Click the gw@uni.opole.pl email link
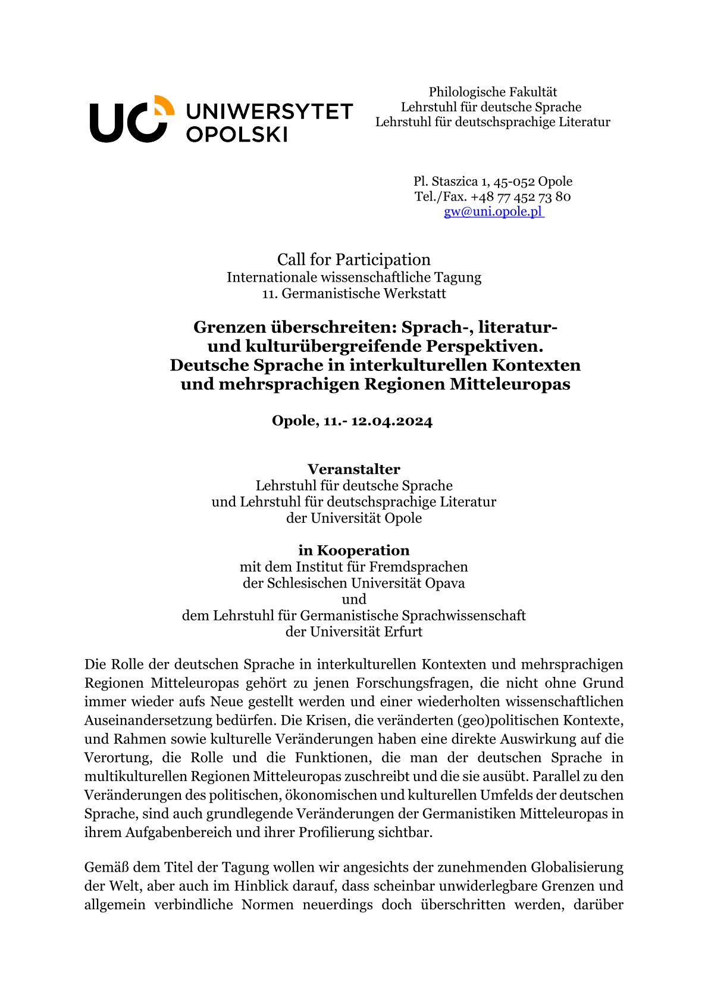point(493,212)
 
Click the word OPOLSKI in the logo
point(237,133)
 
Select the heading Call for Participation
point(353,260)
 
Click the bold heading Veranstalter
point(353,469)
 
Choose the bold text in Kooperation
point(353,550)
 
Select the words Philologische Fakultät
point(493,92)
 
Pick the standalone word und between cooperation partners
point(353,599)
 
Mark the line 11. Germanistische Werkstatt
point(353,294)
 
